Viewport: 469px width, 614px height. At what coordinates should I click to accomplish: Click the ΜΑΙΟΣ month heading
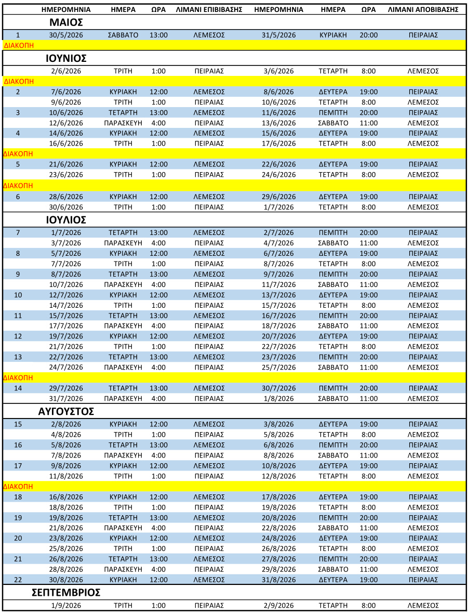(66, 22)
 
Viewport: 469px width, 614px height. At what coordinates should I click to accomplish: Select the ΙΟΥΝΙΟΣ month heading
(66, 58)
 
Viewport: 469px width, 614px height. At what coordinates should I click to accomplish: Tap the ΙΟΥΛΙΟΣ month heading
(66, 220)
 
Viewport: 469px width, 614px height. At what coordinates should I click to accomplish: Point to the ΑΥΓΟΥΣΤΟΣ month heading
(66, 411)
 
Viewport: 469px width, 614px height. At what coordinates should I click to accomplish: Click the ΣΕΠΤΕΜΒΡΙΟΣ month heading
(66, 593)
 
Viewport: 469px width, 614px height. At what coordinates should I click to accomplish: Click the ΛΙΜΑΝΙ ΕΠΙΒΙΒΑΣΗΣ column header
(209, 10)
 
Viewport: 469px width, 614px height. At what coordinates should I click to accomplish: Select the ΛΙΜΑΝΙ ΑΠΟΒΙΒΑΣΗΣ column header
(423, 10)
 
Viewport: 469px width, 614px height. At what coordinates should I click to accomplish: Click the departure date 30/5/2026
(66, 35)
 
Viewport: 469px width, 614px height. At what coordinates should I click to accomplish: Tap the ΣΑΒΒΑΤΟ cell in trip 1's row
(123, 35)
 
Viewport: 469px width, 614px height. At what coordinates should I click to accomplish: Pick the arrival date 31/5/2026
(278, 35)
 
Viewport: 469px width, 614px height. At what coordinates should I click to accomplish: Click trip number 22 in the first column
(18, 580)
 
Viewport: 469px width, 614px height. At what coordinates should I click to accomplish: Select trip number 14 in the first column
(18, 388)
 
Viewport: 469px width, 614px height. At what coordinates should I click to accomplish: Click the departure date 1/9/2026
(66, 606)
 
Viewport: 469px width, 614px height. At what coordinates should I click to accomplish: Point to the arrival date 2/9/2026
(278, 606)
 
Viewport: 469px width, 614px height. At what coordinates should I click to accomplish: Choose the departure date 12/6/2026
(66, 123)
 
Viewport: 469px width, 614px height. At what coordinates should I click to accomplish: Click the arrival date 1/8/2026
(278, 399)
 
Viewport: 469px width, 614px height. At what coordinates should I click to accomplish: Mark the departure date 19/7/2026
(66, 336)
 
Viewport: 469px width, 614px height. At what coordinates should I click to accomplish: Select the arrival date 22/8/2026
(278, 528)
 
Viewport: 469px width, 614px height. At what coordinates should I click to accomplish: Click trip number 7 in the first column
(18, 232)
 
